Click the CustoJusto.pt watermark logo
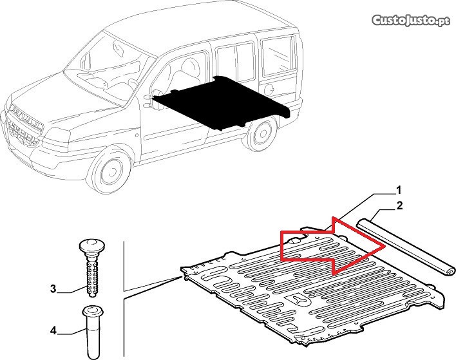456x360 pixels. tap(411, 21)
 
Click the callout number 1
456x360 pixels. tap(399, 190)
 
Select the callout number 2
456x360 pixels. tap(399, 206)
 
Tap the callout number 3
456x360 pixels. tap(53, 289)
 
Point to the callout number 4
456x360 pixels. tap(53, 330)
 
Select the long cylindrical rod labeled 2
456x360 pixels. tap(406, 247)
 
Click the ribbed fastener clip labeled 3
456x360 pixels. tap(91, 267)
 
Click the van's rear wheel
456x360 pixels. tap(261, 133)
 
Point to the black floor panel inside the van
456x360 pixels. tap(220, 103)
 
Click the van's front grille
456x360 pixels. tap(23, 126)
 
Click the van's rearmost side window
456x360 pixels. tap(278, 56)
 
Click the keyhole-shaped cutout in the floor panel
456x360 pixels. tap(298, 300)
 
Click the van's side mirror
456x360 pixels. tap(157, 100)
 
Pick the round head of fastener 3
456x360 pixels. tap(91, 245)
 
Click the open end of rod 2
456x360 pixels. tap(449, 271)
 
